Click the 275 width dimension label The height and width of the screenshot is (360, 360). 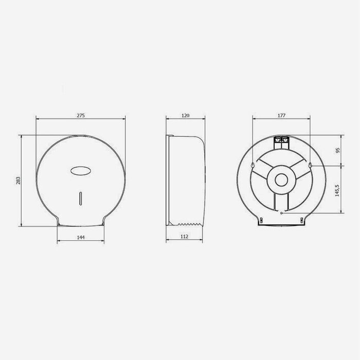(80, 116)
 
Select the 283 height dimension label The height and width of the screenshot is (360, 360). (19, 181)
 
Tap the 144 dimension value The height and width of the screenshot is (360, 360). (80, 237)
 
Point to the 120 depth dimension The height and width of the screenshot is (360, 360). (186, 116)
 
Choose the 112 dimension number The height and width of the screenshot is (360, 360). (185, 237)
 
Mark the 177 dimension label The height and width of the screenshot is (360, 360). (281, 116)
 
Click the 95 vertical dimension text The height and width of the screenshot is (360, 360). (338, 150)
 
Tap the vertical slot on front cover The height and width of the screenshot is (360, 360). (80, 198)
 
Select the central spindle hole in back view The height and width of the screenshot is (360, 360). (281, 180)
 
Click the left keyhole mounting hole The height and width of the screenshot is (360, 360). (252, 165)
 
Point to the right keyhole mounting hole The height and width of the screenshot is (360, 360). (311, 165)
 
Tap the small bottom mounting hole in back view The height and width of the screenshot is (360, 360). (281, 211)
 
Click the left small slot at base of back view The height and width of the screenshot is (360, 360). (262, 220)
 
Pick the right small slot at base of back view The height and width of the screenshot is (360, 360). (301, 220)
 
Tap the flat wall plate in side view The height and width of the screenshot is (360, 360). (168, 180)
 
